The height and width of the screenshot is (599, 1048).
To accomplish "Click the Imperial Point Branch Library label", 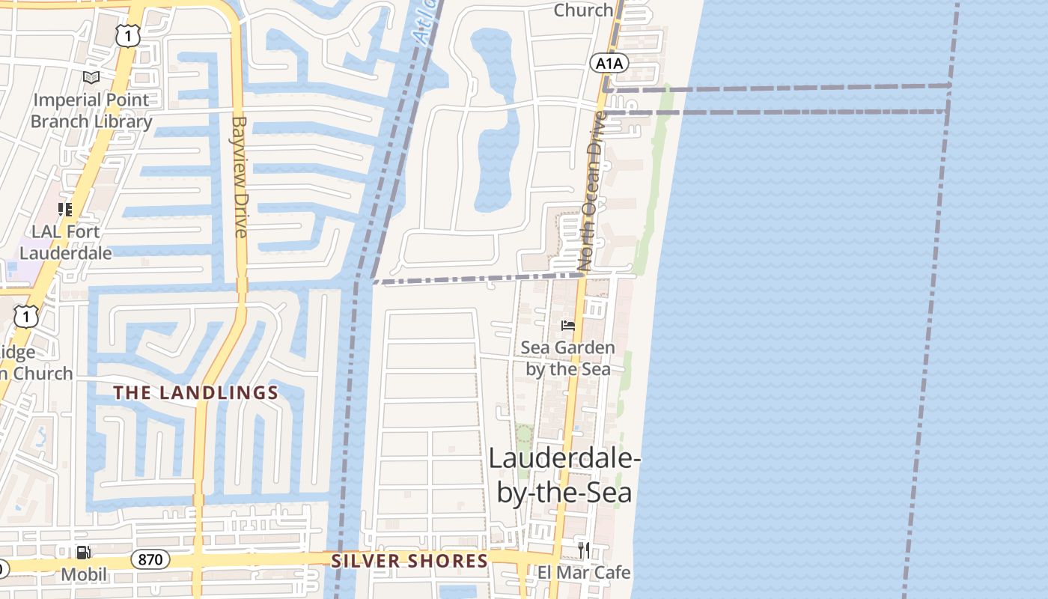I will (91, 110).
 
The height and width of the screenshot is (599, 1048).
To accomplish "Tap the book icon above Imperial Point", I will (91, 77).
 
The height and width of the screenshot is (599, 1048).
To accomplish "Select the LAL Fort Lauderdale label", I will (66, 242).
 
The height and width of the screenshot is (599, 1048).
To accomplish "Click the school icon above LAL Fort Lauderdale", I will (65, 210).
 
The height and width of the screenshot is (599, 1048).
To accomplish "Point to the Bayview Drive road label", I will (240, 176).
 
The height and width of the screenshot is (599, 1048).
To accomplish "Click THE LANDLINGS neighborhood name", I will (196, 392).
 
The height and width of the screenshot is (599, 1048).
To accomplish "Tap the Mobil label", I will (84, 575).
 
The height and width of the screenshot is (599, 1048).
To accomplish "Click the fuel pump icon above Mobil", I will (84, 553).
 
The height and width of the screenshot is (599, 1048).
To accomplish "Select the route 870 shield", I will (150, 559).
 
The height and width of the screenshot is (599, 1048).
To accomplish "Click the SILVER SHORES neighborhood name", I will (409, 561).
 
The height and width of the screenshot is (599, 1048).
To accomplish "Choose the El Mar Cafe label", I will (584, 573).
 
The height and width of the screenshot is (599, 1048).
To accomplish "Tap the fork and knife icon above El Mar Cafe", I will (584, 550).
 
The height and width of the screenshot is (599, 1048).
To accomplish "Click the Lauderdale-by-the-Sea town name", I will (564, 475).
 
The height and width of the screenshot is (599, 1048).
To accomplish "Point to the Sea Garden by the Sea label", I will (567, 358).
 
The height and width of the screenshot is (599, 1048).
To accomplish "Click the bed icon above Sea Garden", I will (568, 325).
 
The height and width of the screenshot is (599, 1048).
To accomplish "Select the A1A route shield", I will (609, 63).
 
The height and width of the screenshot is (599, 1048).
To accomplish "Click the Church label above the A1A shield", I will (583, 10).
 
